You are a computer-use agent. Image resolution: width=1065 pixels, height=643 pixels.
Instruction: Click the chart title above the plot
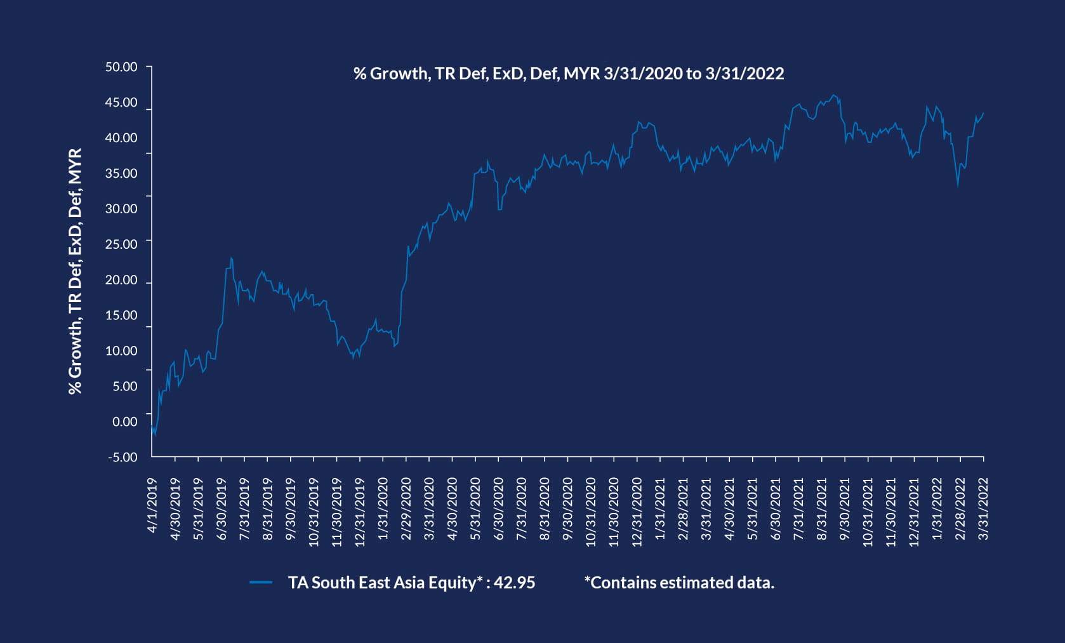568,74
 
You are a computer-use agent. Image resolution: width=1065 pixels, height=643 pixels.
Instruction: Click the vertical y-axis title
75,272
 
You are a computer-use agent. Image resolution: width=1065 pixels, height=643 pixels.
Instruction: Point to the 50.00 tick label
121,67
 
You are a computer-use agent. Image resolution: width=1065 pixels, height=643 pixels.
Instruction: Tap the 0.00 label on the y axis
124,421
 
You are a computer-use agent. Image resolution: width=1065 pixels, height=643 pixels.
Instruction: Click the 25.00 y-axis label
121,244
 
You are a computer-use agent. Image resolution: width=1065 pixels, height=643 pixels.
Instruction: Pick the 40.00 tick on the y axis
121,138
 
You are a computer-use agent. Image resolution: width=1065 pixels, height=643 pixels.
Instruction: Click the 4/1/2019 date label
152,505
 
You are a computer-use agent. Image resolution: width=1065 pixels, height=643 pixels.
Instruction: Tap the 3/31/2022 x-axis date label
984,509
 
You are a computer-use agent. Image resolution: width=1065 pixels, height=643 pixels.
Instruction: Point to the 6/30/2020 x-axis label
499,509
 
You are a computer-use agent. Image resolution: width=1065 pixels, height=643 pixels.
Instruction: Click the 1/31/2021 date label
660,509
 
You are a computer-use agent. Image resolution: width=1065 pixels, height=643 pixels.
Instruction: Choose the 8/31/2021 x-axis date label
822,509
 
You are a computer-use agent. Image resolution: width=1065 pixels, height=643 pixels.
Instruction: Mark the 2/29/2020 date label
406,509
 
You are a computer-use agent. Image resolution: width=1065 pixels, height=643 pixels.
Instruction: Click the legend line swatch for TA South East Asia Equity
261,582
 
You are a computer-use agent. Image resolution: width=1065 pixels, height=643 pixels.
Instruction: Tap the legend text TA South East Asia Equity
381,583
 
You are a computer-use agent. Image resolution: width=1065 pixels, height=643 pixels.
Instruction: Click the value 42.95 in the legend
514,583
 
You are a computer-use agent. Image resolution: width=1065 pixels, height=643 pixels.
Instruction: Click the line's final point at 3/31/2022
983,113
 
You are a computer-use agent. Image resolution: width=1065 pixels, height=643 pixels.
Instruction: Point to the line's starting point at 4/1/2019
152,427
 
